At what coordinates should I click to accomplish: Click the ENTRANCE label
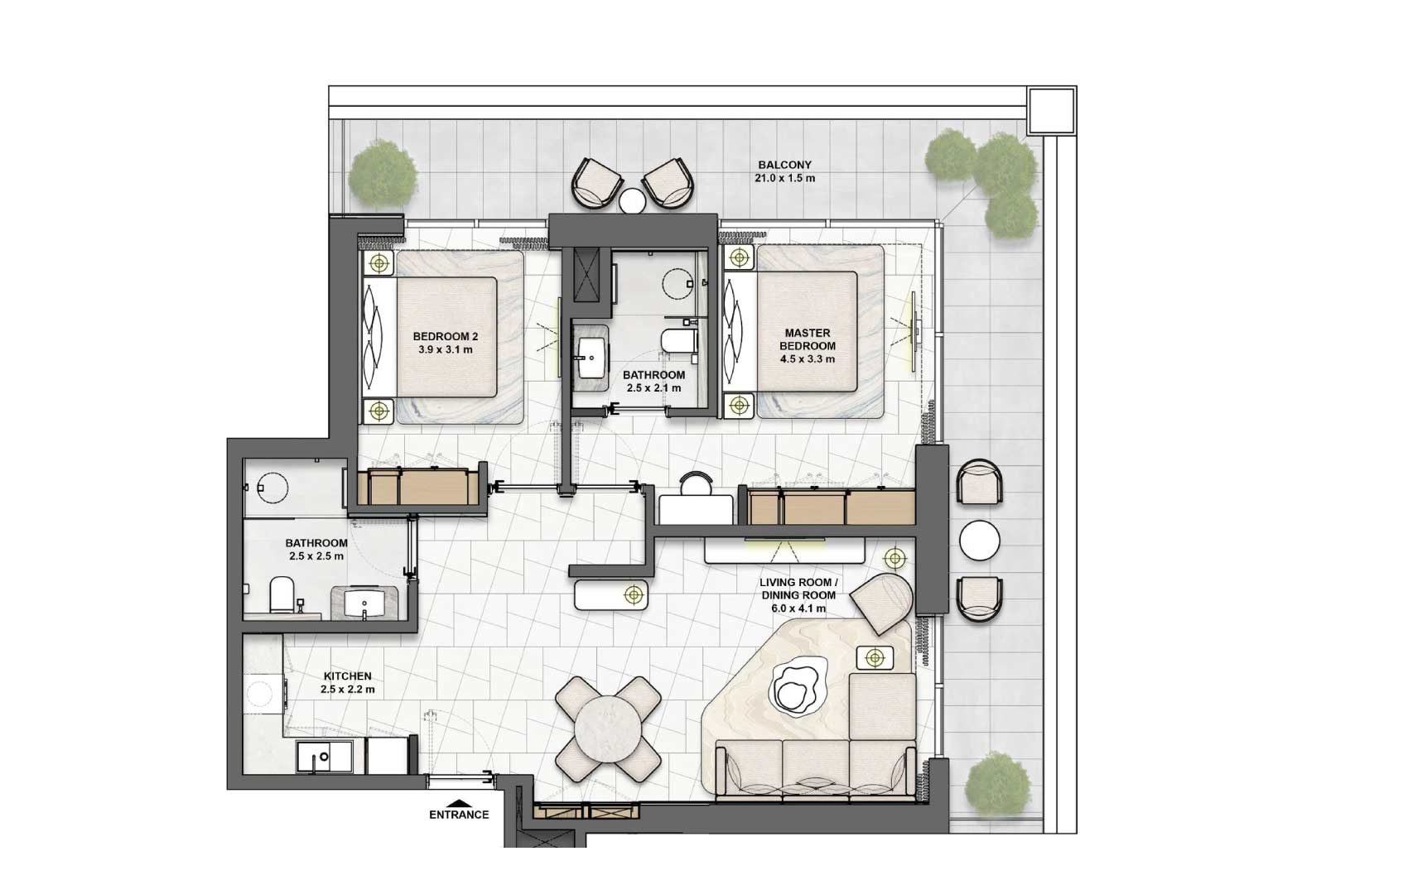pyautogui.click(x=459, y=815)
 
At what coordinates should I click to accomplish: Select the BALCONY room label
pyautogui.click(x=784, y=165)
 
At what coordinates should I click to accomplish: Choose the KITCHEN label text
pyautogui.click(x=347, y=676)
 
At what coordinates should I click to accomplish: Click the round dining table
pyautogui.click(x=609, y=729)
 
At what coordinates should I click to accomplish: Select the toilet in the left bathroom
pyautogui.click(x=282, y=595)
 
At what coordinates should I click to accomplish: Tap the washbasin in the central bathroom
pyautogui.click(x=591, y=358)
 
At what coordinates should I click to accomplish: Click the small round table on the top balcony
pyautogui.click(x=632, y=202)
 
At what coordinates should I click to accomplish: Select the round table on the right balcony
pyautogui.click(x=979, y=541)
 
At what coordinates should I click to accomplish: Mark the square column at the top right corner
pyautogui.click(x=1051, y=110)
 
